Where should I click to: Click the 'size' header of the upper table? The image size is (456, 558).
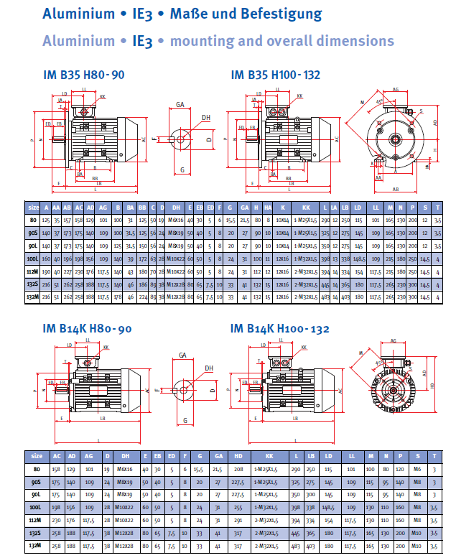pyautogui.click(x=33, y=206)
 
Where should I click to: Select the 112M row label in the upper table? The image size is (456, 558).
pyautogui.click(x=33, y=271)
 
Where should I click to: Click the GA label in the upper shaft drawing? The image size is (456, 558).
pyautogui.click(x=181, y=105)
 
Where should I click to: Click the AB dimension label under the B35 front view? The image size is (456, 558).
pyautogui.click(x=396, y=190)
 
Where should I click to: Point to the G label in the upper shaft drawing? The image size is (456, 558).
pyautogui.click(x=183, y=170)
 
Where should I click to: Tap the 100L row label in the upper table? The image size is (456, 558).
pyautogui.click(x=33, y=259)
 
